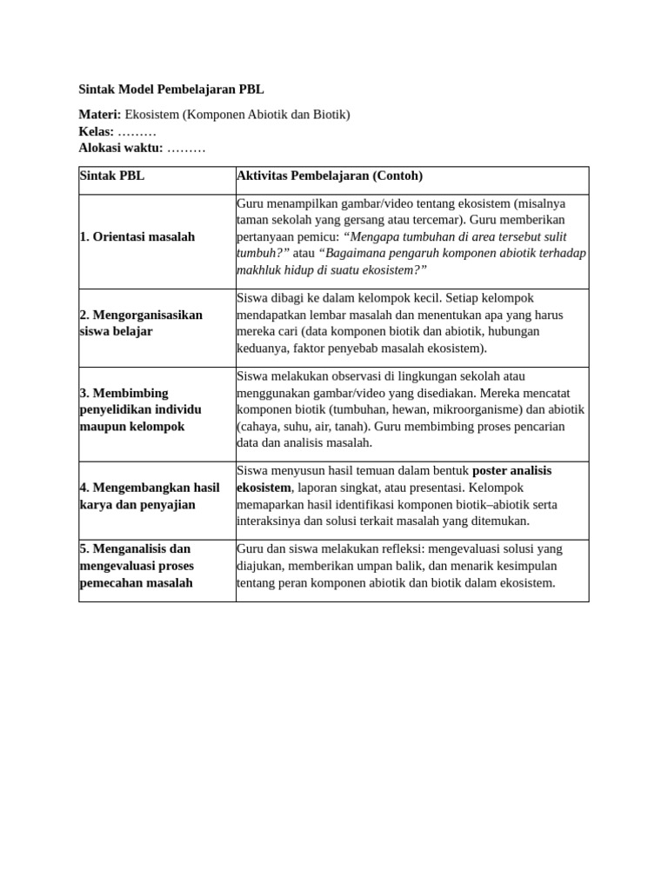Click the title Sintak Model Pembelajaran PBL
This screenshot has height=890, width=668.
click(x=171, y=89)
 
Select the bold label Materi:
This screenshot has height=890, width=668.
click(x=99, y=115)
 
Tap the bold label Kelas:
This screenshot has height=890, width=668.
click(x=96, y=131)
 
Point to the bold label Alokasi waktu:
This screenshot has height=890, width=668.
click(x=120, y=148)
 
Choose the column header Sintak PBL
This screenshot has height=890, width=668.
click(x=112, y=176)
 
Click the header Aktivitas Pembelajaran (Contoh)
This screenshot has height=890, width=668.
click(x=330, y=176)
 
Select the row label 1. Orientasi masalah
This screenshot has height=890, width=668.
click(x=137, y=236)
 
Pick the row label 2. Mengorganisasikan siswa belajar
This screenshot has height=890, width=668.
click(x=141, y=322)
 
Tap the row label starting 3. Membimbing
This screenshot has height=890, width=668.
click(x=140, y=409)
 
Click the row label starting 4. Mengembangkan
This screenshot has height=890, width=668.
click(x=150, y=495)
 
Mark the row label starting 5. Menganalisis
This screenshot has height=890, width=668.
click(x=137, y=566)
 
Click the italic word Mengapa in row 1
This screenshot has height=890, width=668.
click(x=376, y=236)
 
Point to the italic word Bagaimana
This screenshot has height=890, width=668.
click(x=352, y=253)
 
